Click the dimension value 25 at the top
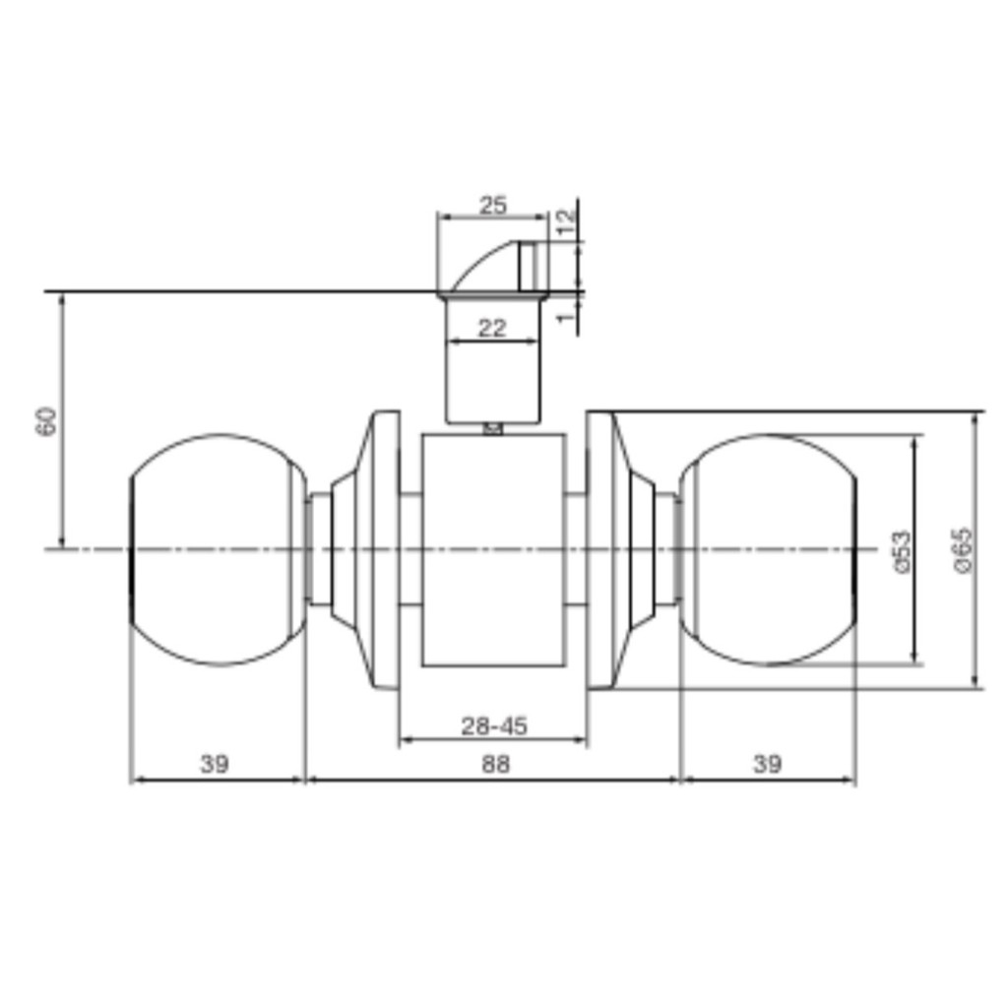pos(493,206)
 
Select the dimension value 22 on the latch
pos(492,329)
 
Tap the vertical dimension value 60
pos(47,421)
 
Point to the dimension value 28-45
pos(494,726)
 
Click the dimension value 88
pos(495,764)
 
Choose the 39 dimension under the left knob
pos(214,764)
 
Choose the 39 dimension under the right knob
pos(767,764)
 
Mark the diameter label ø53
pos(902,551)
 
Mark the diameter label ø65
pos(965,550)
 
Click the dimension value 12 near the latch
pos(566,223)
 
